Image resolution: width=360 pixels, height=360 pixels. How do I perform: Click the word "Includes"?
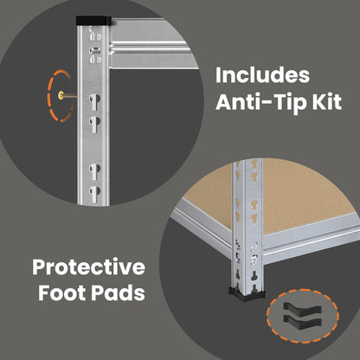263,75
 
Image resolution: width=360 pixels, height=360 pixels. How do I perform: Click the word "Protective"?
89,267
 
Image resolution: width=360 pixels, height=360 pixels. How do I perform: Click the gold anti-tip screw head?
61,95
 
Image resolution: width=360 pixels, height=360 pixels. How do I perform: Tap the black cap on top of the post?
93,21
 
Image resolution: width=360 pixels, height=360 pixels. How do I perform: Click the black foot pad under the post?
247,294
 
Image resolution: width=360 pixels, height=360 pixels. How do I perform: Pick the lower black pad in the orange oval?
302,321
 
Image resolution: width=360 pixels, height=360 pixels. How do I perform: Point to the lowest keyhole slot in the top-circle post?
94,193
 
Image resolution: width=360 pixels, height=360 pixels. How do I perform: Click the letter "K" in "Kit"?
320,102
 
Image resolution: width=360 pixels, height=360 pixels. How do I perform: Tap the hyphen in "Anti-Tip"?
270,103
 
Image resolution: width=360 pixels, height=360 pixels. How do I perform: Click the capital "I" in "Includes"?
218,75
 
